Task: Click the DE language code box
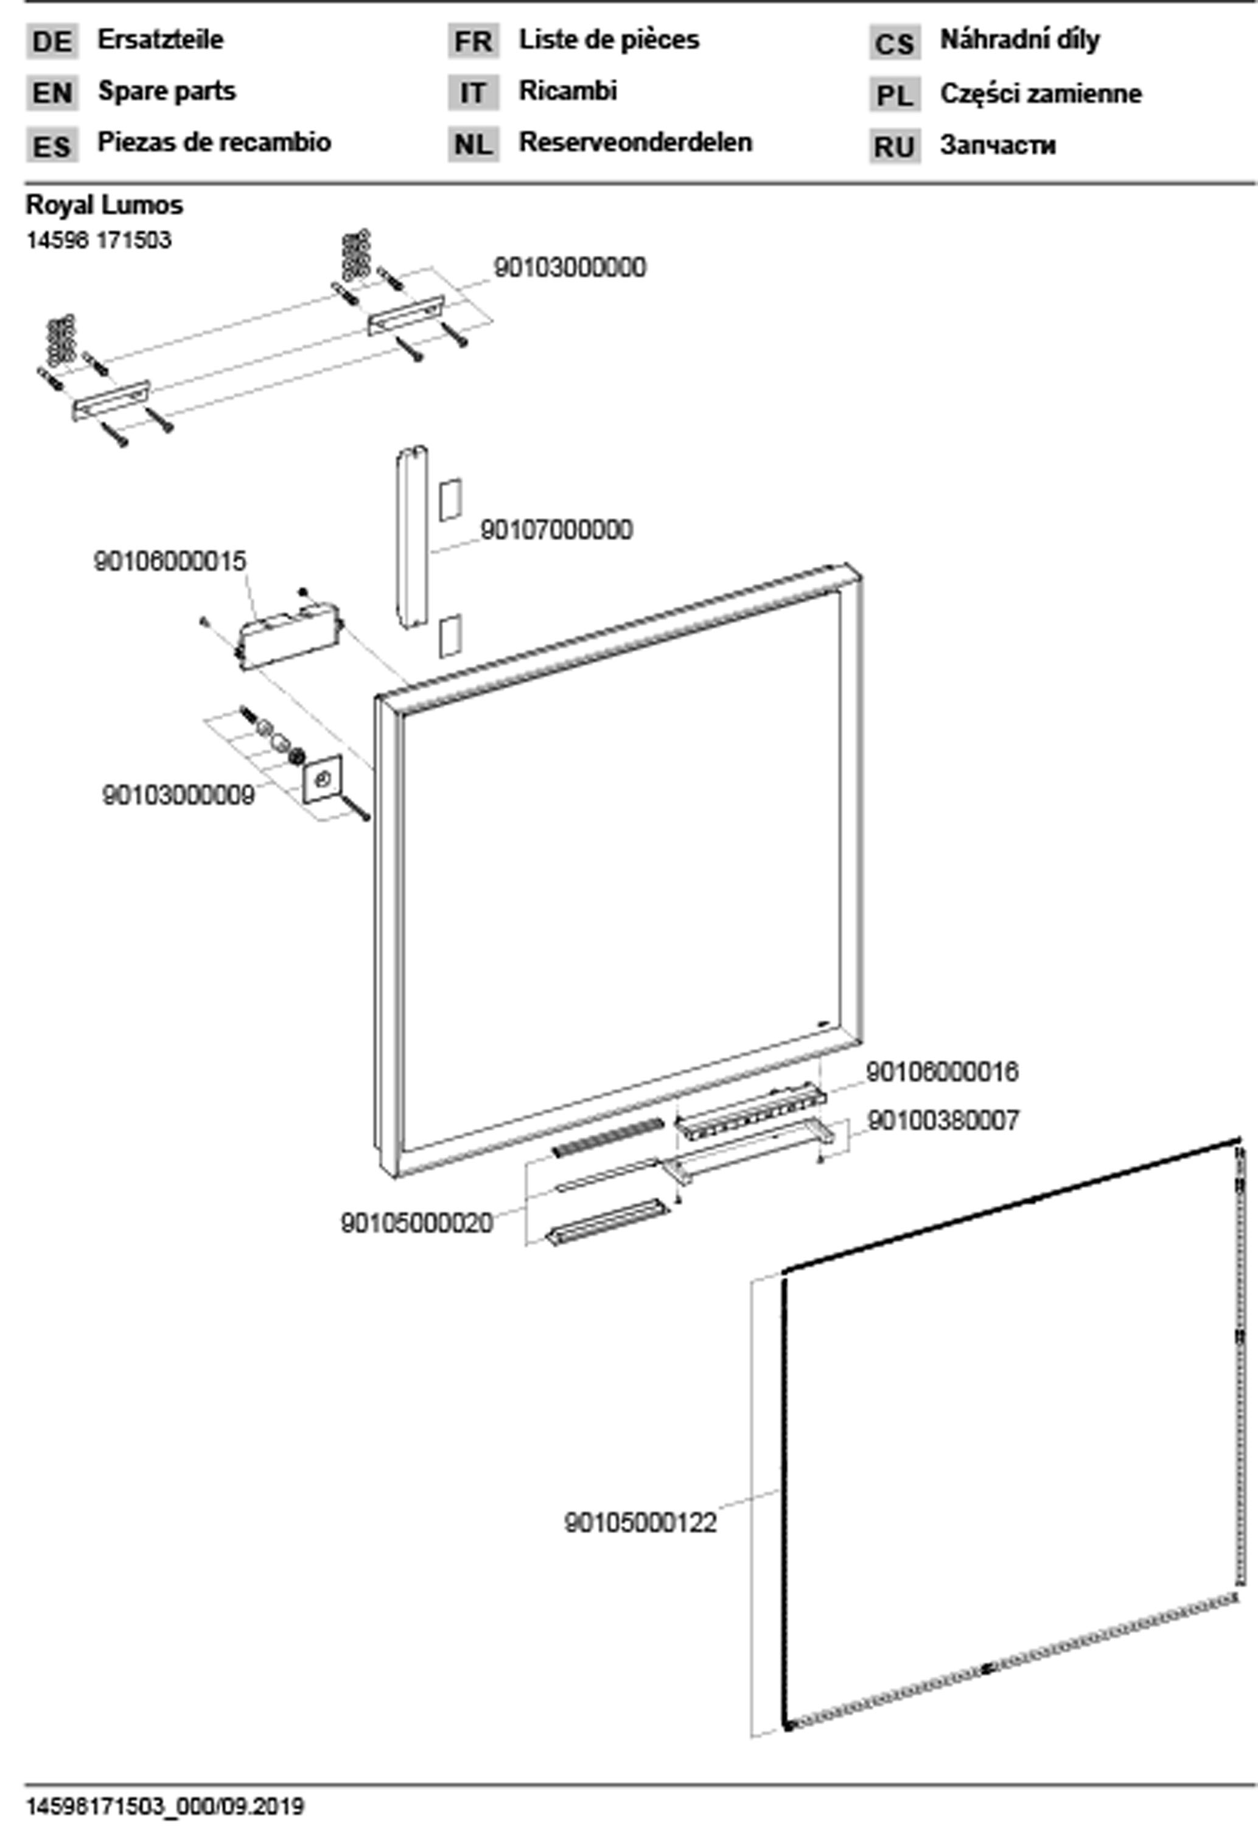tap(52, 41)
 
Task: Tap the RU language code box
tap(895, 147)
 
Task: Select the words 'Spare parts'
tap(166, 91)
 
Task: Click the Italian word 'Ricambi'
tap(567, 91)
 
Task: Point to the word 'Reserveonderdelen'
tap(635, 142)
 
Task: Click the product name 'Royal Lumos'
tap(104, 206)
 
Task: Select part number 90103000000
tap(570, 268)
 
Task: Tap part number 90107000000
tap(556, 530)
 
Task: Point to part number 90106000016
tap(942, 1072)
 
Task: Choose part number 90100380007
tap(943, 1121)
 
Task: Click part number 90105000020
tap(417, 1223)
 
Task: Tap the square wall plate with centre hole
tap(323, 778)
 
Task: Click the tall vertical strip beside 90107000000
tap(411, 537)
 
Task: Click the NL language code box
tap(473, 144)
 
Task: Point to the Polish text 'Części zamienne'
tap(1041, 94)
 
